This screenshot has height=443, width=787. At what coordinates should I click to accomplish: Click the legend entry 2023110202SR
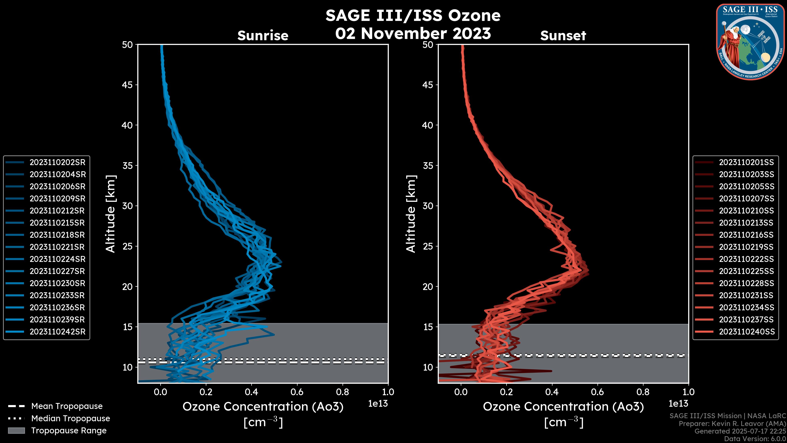point(57,162)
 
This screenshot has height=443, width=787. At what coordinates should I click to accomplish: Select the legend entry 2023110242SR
point(57,332)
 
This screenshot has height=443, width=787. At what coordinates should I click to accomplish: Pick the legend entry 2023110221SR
point(57,247)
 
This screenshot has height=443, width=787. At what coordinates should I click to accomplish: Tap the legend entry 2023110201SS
point(746,162)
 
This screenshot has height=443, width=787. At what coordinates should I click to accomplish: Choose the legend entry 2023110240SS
point(746,332)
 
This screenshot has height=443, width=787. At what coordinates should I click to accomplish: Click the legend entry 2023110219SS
point(746,247)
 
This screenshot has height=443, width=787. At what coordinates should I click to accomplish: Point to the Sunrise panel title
point(263,36)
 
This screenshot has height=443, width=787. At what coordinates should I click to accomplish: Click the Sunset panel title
point(563,36)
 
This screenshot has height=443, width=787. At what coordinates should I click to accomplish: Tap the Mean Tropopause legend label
point(67,406)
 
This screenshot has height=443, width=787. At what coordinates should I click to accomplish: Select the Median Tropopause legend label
point(71,419)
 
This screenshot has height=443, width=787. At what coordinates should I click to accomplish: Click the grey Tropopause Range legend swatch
point(16,431)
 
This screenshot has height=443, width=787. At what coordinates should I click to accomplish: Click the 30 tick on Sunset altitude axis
point(428,206)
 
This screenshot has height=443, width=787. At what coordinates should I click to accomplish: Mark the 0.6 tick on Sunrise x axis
point(297,392)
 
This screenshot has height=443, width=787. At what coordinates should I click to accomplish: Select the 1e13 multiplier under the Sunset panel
point(678,404)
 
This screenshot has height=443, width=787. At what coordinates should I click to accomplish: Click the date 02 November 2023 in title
point(413,34)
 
